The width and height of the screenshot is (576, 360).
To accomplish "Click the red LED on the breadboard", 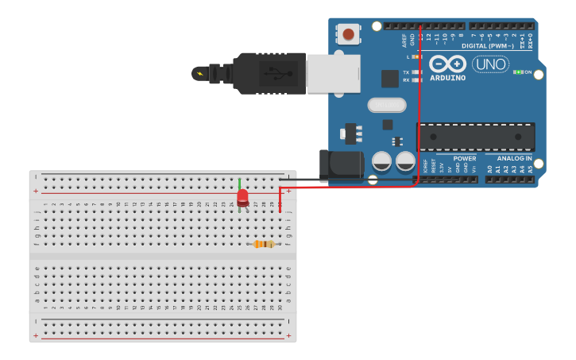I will [x=242, y=196].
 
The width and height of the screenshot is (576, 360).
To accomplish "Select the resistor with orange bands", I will [x=264, y=244].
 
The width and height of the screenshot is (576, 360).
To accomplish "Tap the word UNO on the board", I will [x=490, y=64].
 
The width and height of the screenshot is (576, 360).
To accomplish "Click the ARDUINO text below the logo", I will [x=447, y=77].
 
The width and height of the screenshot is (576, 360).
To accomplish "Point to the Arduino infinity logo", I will [x=447, y=64].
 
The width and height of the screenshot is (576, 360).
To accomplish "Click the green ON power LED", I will [x=517, y=72].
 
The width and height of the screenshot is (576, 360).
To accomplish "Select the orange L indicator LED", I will [x=416, y=56].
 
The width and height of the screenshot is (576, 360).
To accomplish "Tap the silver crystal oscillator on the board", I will [x=387, y=105].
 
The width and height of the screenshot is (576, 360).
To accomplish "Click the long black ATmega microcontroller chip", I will [x=476, y=137].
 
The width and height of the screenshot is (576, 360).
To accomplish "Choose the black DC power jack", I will [x=340, y=165].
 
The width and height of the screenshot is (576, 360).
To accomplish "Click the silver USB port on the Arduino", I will [x=334, y=73].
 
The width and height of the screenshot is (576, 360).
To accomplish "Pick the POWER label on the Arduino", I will [x=465, y=158].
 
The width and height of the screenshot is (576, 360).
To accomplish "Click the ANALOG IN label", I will [x=515, y=158].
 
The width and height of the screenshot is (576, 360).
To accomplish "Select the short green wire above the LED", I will [x=239, y=183].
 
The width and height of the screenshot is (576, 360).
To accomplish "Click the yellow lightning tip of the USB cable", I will [x=199, y=74].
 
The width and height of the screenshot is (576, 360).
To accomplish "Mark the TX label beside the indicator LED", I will [x=406, y=72].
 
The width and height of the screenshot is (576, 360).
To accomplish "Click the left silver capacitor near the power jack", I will [x=382, y=161].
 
